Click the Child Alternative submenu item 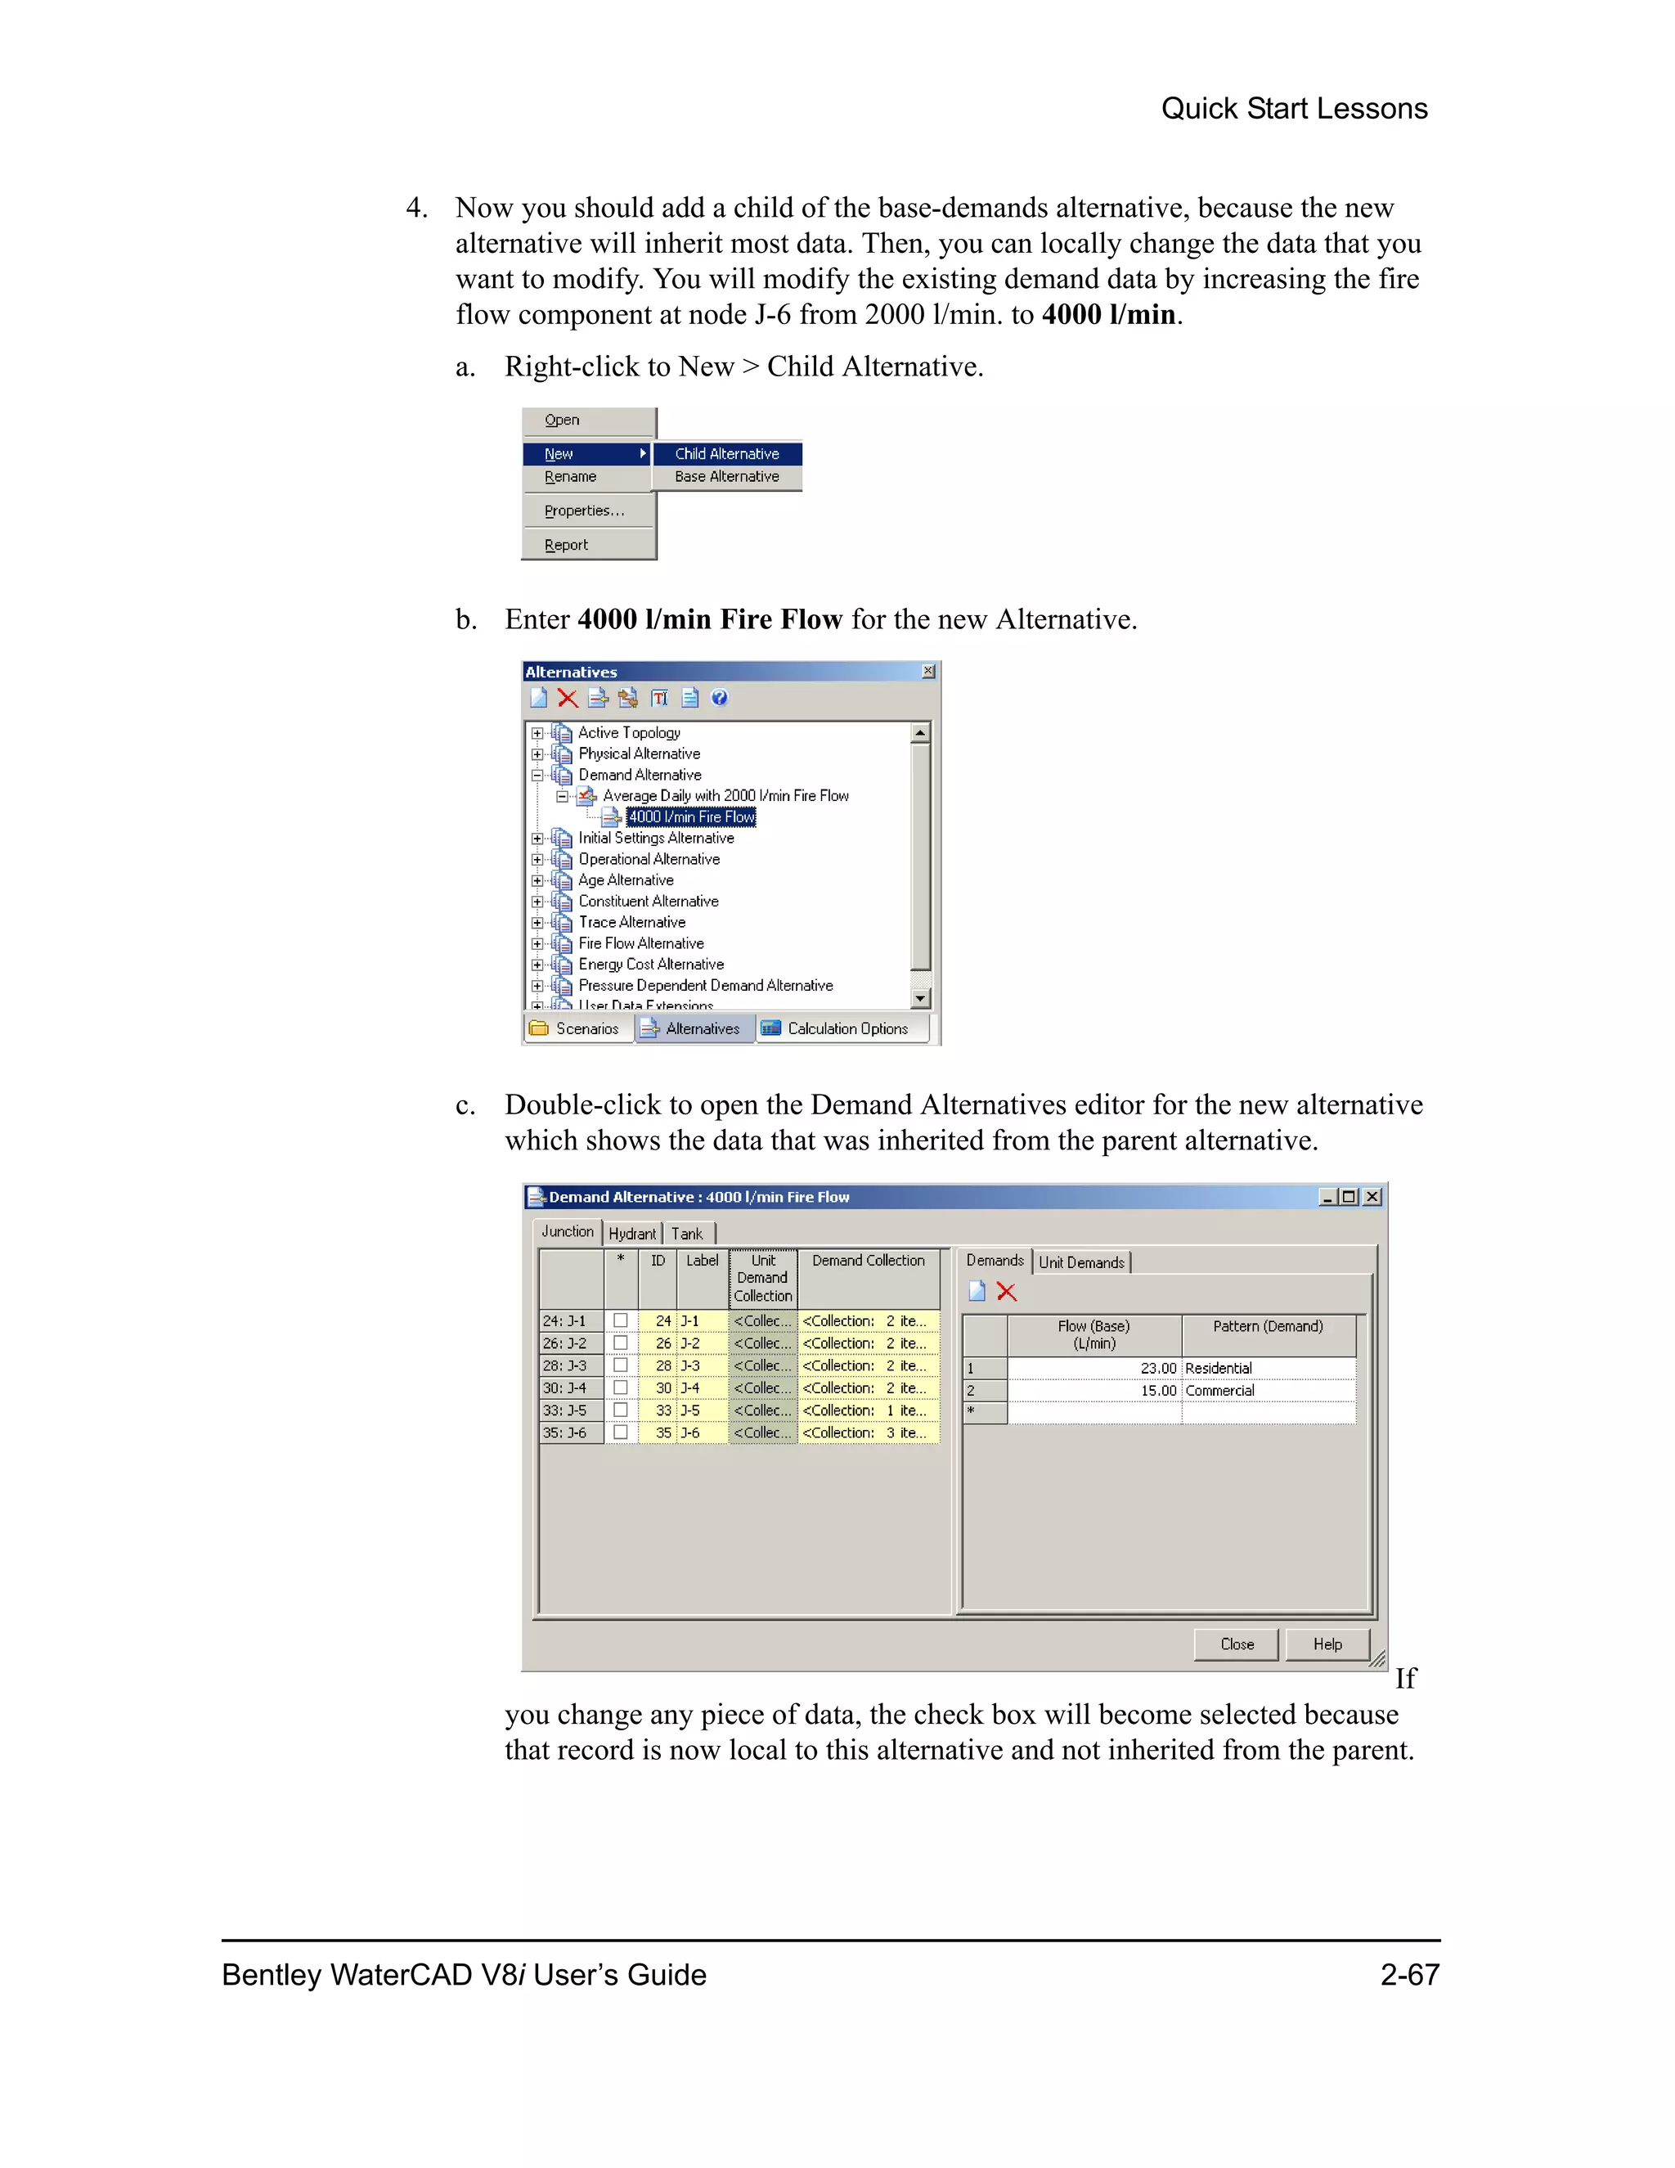pos(726,454)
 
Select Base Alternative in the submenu pos(726,476)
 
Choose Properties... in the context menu pos(583,511)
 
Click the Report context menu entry pos(566,545)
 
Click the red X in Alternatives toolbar pos(568,698)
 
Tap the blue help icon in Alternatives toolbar pos(720,698)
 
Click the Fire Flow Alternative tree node pos(641,943)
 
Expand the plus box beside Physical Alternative pos(537,754)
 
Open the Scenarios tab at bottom pos(577,1028)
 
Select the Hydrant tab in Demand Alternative pos(632,1234)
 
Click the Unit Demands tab pos(1080,1262)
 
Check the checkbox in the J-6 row pos(620,1433)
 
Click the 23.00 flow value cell pos(1094,1368)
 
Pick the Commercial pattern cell pos(1269,1391)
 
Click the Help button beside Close pos(1327,1645)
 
